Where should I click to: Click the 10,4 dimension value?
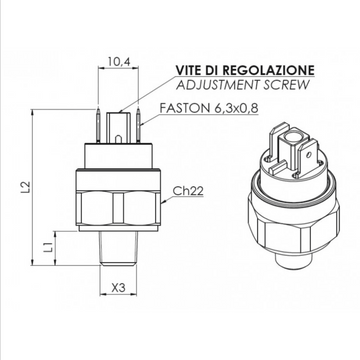pyautogui.click(x=118, y=61)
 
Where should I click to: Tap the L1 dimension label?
pyautogui.click(x=49, y=247)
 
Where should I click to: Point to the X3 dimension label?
pyautogui.click(x=118, y=287)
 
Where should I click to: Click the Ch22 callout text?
pyautogui.click(x=188, y=190)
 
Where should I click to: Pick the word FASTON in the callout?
pyautogui.click(x=183, y=108)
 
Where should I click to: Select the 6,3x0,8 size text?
pyautogui.click(x=235, y=108)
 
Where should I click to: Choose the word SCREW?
pyautogui.click(x=286, y=85)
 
